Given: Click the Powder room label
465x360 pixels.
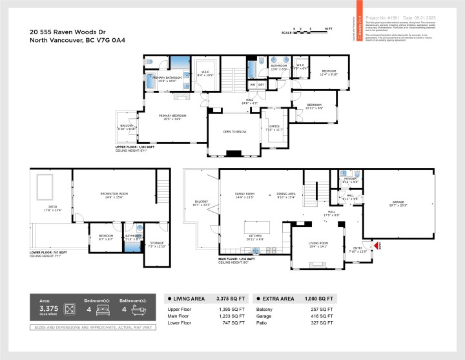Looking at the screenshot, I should pyautogui.click(x=350, y=181).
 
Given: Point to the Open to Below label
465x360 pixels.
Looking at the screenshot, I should pyautogui.click(x=233, y=131).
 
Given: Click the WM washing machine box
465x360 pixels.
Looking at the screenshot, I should pyautogui.click(x=253, y=85).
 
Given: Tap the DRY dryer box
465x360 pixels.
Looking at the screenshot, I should pyautogui.click(x=262, y=85).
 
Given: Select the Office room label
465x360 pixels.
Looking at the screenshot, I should pyautogui.click(x=274, y=127).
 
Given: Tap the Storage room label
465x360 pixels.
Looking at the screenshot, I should pyautogui.click(x=158, y=245).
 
